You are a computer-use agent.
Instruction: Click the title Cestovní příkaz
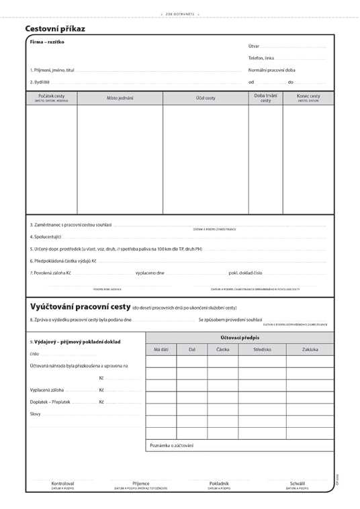click(55, 29)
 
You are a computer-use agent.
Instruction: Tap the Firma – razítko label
click(47, 42)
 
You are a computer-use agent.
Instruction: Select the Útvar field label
click(253, 46)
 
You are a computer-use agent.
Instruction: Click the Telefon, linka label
click(261, 58)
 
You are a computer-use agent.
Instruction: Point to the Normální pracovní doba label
click(271, 70)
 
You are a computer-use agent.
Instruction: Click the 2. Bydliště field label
click(40, 82)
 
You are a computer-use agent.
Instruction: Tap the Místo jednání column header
click(120, 98)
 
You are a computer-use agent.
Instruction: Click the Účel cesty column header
click(206, 98)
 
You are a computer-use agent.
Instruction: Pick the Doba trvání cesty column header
click(265, 98)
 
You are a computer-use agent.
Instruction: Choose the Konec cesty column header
click(308, 97)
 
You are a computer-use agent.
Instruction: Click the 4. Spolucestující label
click(46, 236)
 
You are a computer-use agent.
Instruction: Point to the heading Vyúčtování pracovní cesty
click(80, 306)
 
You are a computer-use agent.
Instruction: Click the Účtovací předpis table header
click(239, 337)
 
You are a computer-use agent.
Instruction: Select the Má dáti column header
click(161, 350)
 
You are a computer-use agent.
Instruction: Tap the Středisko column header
click(262, 350)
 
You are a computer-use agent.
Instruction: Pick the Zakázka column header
click(310, 350)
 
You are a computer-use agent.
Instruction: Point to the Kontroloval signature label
click(62, 483)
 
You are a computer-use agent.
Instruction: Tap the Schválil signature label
click(298, 483)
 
